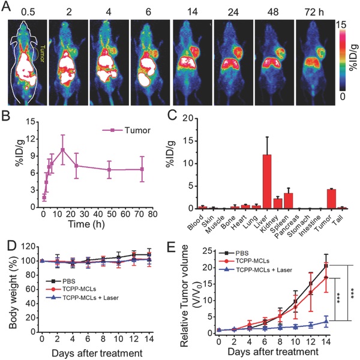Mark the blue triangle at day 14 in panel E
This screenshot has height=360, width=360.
coord(326,321)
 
